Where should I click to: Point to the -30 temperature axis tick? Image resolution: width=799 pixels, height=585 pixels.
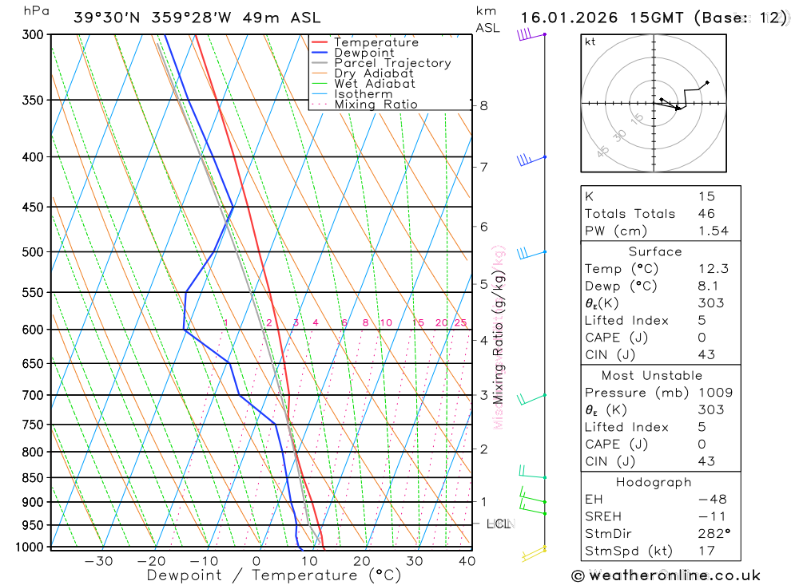[x=98, y=561]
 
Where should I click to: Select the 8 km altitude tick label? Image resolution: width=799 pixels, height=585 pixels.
[x=483, y=105]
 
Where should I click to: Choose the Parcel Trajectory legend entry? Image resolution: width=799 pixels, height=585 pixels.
[x=392, y=63]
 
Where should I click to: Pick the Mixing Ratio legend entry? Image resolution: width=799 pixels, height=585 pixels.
[x=376, y=105]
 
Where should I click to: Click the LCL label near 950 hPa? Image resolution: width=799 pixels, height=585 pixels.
[x=499, y=524]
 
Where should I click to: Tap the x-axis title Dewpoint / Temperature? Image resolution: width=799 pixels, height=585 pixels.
[x=274, y=575]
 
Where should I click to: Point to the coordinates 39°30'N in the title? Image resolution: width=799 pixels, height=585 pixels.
[x=109, y=18]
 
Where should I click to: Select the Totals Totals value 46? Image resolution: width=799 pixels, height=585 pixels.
[x=706, y=213]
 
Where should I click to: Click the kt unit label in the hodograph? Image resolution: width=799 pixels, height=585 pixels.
[x=590, y=42]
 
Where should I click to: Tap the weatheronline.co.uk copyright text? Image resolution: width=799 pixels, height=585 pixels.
[x=666, y=575]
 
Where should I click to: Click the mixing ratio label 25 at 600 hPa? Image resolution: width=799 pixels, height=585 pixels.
[x=460, y=322]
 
